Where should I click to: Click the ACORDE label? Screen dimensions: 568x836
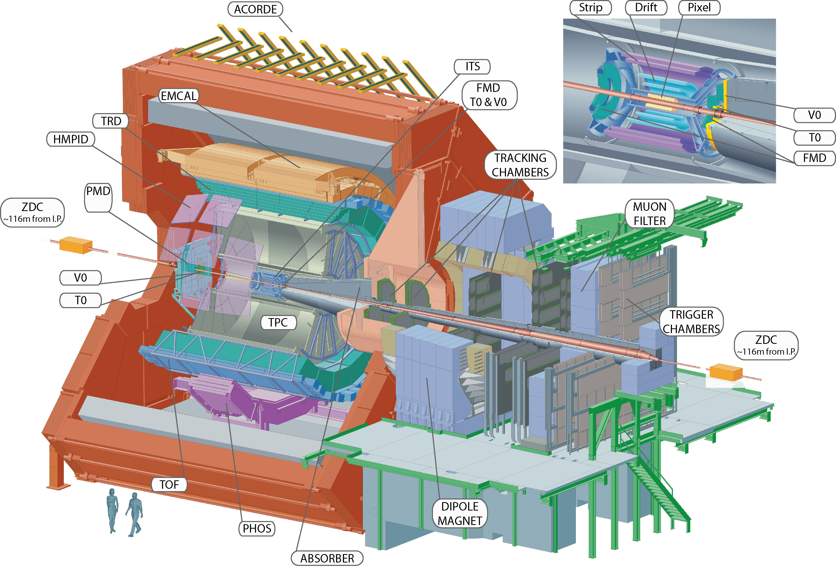(255, 9)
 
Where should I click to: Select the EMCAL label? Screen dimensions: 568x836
(179, 96)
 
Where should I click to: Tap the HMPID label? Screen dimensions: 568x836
(71, 139)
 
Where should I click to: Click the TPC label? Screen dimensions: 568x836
(278, 323)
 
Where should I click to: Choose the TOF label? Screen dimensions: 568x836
(169, 485)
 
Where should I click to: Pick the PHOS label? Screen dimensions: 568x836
(257, 528)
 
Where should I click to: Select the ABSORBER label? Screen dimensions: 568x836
(327, 558)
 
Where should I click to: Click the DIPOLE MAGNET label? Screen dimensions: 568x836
(460, 513)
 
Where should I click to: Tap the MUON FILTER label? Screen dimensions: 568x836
(650, 214)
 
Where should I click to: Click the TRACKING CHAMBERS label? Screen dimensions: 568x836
(520, 165)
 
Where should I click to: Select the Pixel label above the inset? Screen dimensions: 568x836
(699, 8)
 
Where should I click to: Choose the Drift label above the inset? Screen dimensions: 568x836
(646, 8)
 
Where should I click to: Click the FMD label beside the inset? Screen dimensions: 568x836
(814, 158)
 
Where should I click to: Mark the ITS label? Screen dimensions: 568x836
(472, 66)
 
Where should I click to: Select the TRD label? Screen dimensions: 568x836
(111, 121)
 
